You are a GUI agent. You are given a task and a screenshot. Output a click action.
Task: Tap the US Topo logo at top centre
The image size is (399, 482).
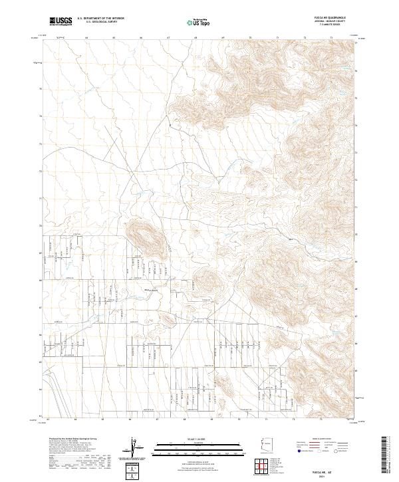pyautogui.click(x=199, y=22)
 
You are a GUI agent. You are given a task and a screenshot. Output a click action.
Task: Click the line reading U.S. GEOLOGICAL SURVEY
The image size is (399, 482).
pyautogui.click(x=99, y=22)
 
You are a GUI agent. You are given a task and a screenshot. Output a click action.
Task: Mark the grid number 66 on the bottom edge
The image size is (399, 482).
pyautogui.click(x=130, y=420)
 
